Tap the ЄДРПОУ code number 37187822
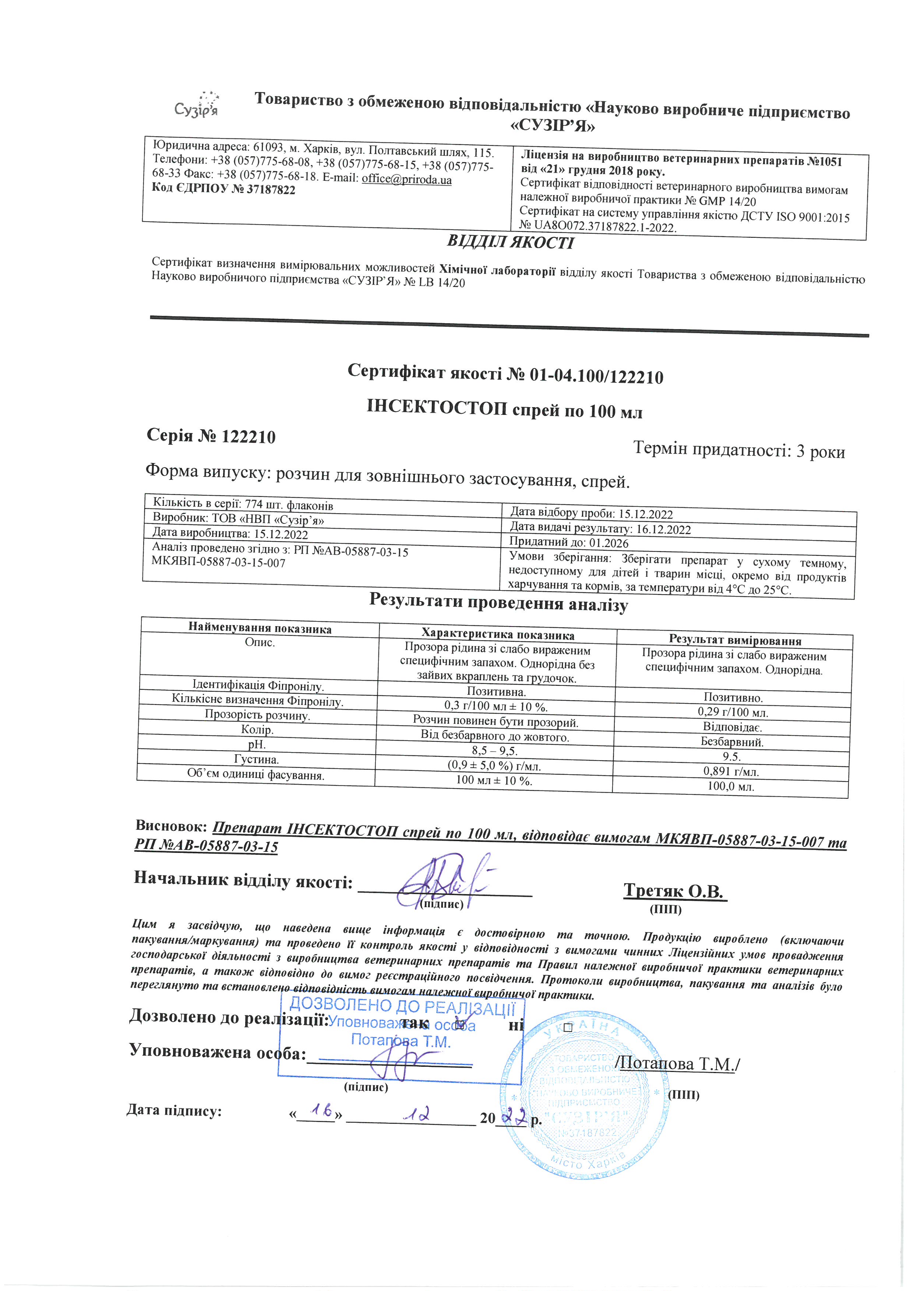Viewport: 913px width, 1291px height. [x=271, y=190]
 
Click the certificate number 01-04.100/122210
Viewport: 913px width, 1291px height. [x=596, y=375]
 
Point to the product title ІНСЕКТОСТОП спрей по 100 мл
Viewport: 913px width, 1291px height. [x=504, y=409]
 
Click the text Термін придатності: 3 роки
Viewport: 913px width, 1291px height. [x=739, y=450]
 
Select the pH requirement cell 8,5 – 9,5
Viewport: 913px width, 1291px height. [x=495, y=751]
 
